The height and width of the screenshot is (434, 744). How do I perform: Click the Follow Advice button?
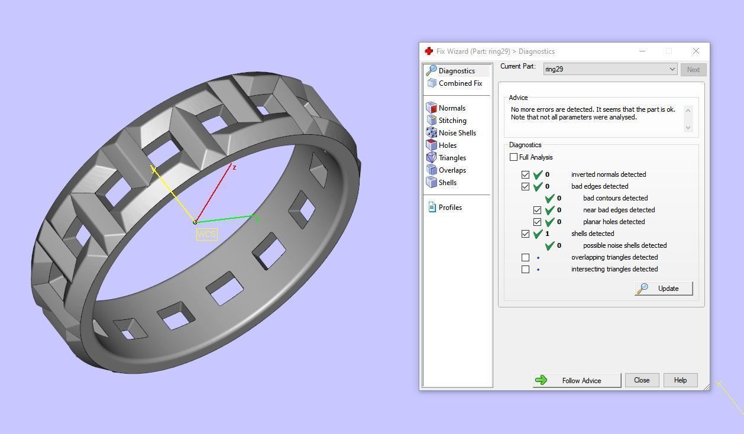(x=577, y=380)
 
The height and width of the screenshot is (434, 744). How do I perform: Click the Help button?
(x=680, y=380)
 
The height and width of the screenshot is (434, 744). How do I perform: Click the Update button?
(x=664, y=289)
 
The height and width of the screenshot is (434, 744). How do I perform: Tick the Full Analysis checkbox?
(x=513, y=157)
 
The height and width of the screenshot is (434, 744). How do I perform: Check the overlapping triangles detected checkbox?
(x=525, y=257)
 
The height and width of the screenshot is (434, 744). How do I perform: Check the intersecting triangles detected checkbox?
(x=525, y=269)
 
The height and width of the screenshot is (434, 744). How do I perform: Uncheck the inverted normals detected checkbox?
(x=525, y=174)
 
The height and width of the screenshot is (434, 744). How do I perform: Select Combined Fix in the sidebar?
(x=460, y=83)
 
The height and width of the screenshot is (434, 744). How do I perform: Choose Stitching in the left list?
(x=452, y=121)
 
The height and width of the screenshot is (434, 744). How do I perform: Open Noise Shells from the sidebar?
(x=457, y=133)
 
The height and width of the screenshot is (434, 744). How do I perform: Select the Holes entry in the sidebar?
(x=447, y=145)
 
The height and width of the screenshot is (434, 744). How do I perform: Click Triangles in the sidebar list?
(x=452, y=158)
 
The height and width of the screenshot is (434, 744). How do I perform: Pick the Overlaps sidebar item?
(x=452, y=170)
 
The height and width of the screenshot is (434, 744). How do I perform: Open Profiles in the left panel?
(x=450, y=208)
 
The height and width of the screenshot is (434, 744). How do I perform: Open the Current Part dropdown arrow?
(x=672, y=69)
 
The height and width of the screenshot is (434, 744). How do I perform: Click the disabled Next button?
(x=693, y=70)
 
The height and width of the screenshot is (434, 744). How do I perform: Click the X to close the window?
(x=696, y=51)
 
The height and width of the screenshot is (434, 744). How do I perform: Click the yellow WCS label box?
(x=206, y=235)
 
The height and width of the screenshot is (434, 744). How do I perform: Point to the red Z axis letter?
(x=235, y=168)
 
